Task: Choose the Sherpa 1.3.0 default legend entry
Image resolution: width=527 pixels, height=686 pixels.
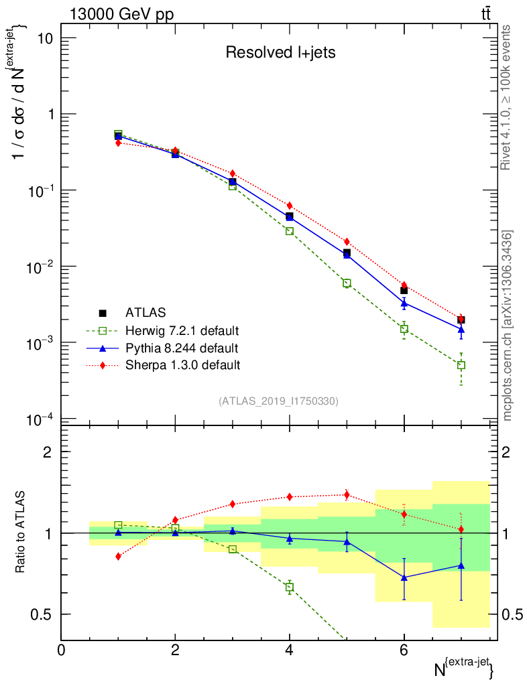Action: (182, 365)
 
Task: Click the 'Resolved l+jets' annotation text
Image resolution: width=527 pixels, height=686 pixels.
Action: (280, 52)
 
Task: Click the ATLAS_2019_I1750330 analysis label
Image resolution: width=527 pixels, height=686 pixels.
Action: (278, 401)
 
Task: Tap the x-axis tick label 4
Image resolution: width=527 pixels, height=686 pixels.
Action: (289, 650)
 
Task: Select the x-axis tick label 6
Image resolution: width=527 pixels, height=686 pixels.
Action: (404, 650)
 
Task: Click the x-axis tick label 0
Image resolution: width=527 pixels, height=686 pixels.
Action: (61, 650)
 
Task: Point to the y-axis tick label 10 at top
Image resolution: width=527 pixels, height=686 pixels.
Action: (44, 38)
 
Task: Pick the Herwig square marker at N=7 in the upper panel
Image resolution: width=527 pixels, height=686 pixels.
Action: (461, 365)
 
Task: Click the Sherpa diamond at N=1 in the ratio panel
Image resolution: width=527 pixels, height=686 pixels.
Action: (119, 556)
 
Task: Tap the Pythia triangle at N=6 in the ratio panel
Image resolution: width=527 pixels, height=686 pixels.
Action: (404, 577)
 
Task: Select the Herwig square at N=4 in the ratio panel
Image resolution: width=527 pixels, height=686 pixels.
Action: (289, 587)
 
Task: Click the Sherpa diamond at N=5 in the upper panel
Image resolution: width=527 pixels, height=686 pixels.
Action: (347, 241)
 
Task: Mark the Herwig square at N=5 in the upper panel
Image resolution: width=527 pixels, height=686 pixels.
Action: (347, 283)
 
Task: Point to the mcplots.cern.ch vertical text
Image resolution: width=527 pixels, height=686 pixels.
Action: (508, 325)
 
